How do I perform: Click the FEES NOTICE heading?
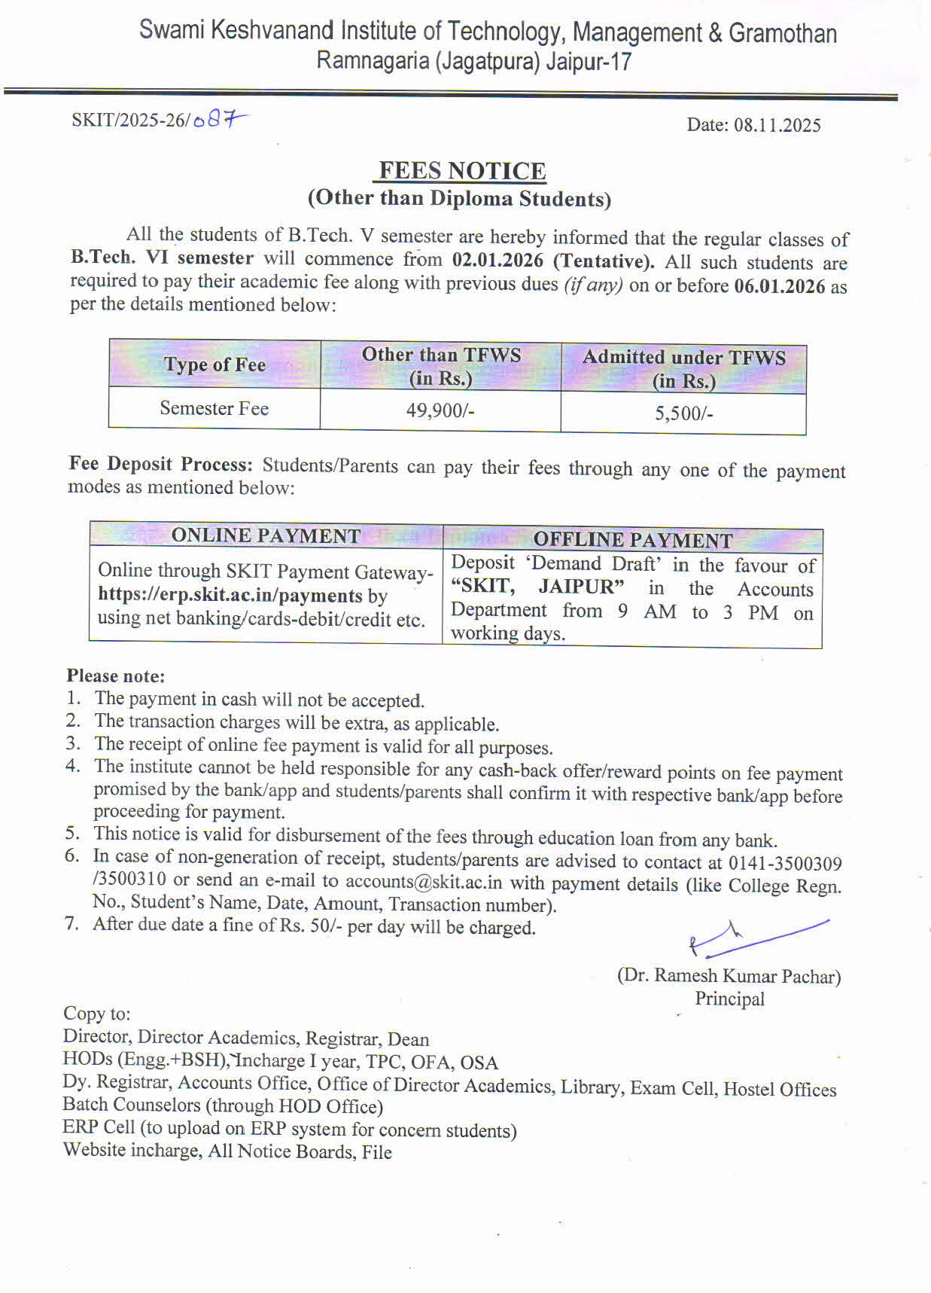coord(462,171)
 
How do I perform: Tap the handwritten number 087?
coord(219,120)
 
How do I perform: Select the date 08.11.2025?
coord(777,125)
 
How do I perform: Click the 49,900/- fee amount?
coord(440,410)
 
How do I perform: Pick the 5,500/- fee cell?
coord(683,413)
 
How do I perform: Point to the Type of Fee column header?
coord(214,364)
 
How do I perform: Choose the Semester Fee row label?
coord(214,408)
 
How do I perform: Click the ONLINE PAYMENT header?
coord(266,535)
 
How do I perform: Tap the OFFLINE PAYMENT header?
coord(632,540)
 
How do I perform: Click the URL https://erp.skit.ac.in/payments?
coord(230,595)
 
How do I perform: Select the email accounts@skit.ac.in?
coord(424,881)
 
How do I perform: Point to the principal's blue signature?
coord(753,938)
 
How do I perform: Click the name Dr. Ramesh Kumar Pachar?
coord(729,976)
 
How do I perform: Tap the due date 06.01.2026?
coord(779,286)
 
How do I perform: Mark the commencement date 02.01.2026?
coord(497,261)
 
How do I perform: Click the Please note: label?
coord(115,675)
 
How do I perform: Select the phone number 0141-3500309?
coord(785,863)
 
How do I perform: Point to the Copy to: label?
coord(96,1014)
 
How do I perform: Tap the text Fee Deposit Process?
coord(160,464)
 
